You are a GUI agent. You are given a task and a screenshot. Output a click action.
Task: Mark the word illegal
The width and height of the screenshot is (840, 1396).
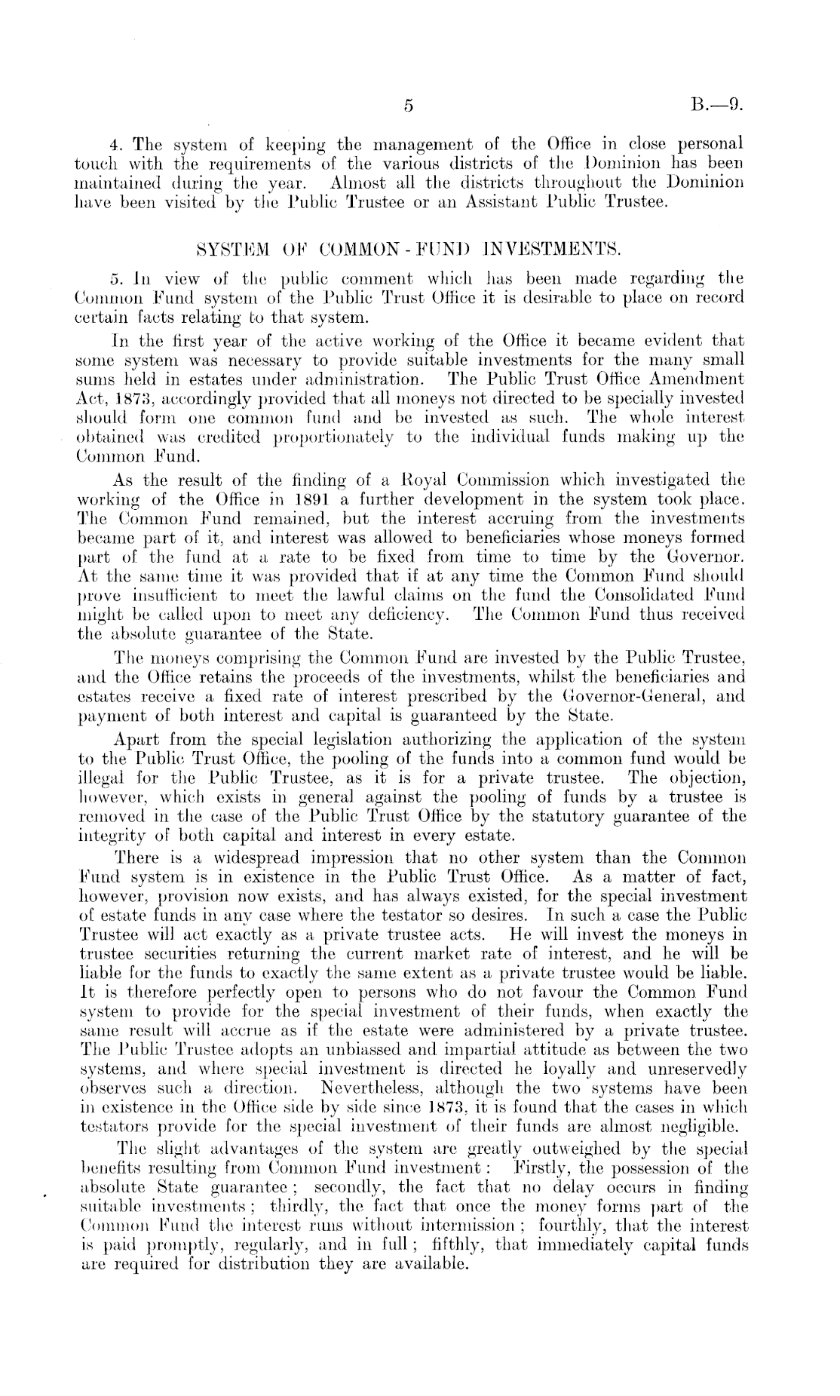(x=103, y=778)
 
